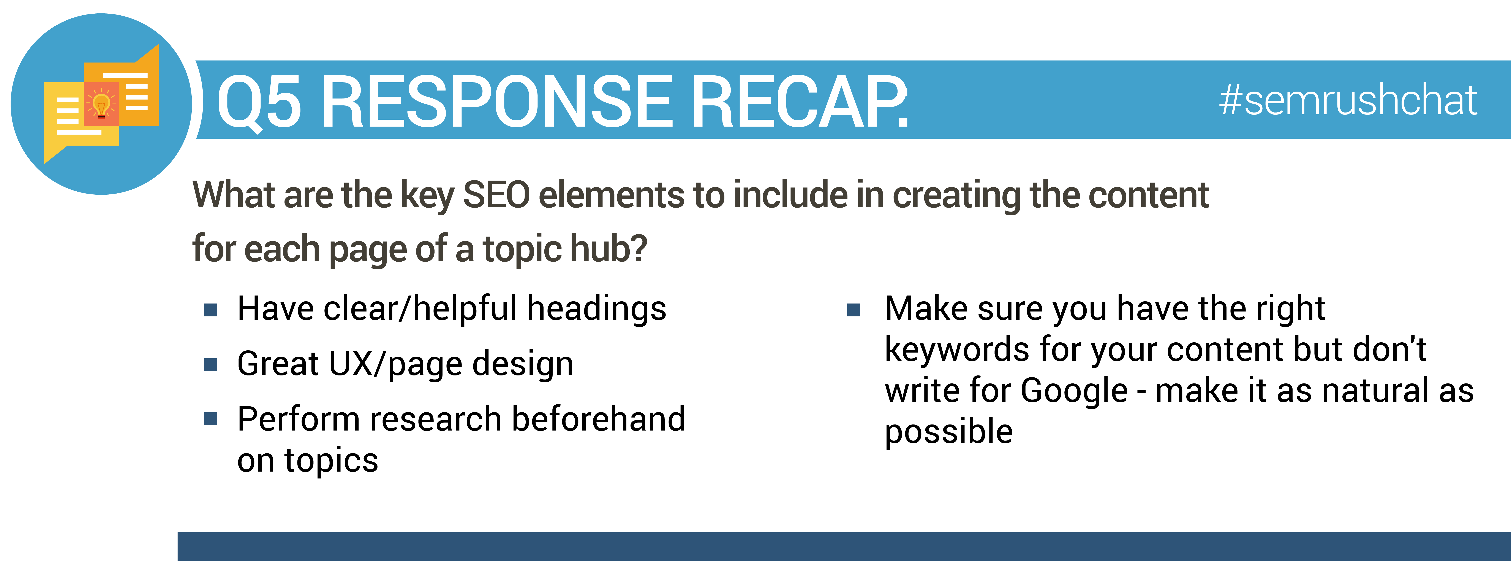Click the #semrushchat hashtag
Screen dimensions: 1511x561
tap(1347, 100)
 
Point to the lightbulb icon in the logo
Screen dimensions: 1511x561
tap(101, 106)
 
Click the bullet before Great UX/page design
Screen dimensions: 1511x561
tap(211, 365)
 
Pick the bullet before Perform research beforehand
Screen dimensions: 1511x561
tap(211, 419)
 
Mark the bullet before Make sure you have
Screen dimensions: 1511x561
tap(854, 310)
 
